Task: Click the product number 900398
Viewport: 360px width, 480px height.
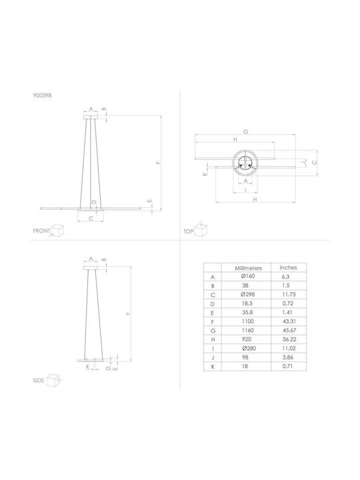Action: click(42, 95)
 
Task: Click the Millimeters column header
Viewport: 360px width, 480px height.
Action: click(248, 268)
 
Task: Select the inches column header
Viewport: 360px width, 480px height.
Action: click(288, 267)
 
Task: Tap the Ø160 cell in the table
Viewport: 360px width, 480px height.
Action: click(247, 276)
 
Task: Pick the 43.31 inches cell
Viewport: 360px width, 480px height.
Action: click(289, 321)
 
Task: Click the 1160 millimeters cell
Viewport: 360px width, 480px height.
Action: click(247, 330)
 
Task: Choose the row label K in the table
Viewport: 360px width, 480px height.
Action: click(213, 367)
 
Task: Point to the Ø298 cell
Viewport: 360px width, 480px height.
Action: click(247, 295)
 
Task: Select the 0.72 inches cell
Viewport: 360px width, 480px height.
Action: click(288, 303)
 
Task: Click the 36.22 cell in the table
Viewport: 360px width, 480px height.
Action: click(289, 339)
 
